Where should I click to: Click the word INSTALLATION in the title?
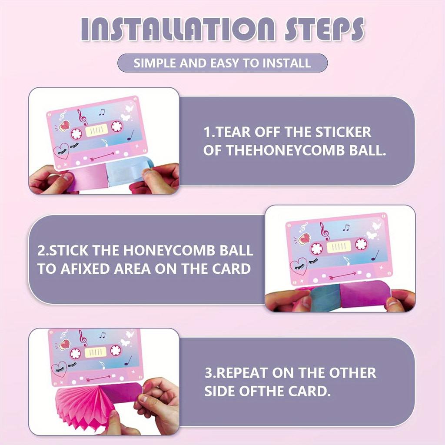tap(178, 29)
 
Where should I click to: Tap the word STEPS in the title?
tap(324, 29)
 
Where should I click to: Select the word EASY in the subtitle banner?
tap(225, 63)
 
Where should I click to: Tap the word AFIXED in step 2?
tap(85, 269)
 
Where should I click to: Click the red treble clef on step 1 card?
tap(83, 117)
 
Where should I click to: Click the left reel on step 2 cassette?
tap(316, 249)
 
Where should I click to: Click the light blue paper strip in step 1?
tap(130, 171)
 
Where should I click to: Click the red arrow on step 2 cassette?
tap(342, 275)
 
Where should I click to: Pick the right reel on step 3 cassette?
tap(116, 350)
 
